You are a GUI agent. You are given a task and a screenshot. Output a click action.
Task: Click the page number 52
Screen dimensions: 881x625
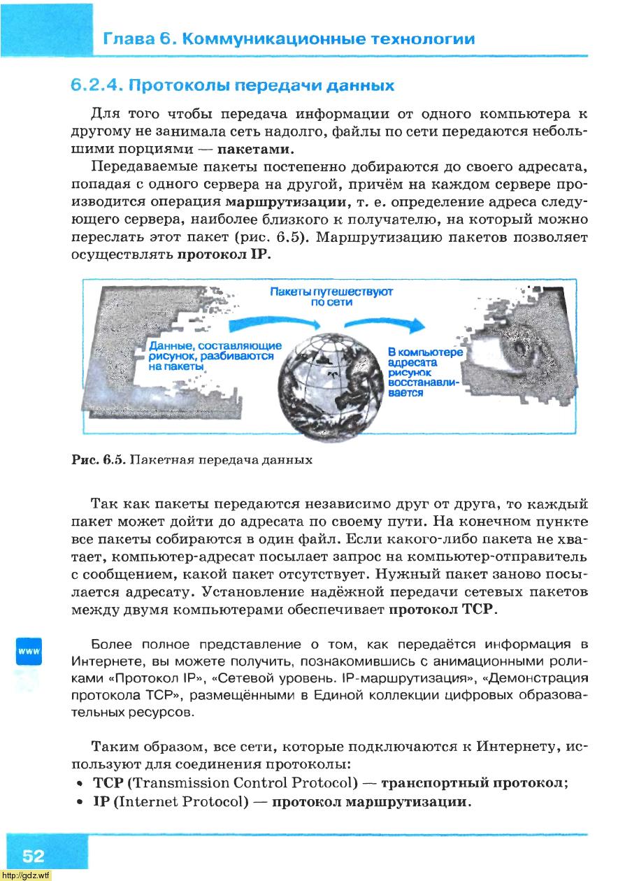(33, 857)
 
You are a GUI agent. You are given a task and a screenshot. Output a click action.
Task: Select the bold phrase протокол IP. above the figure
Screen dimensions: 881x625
(223, 255)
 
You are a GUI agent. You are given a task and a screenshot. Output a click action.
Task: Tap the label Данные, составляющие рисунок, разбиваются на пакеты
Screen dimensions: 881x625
(210, 356)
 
